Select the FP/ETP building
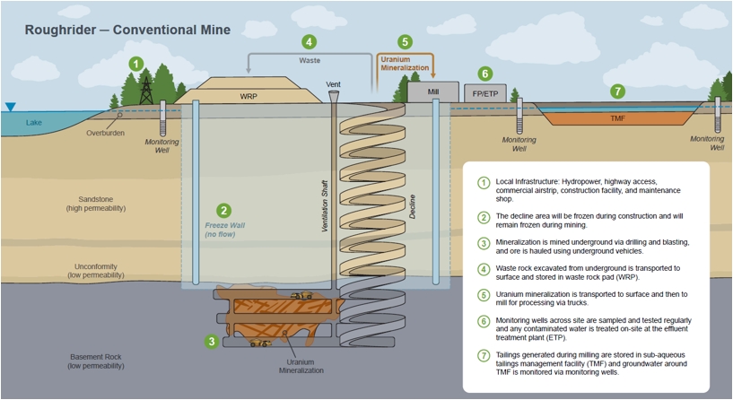(x=484, y=93)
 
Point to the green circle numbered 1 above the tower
(x=135, y=64)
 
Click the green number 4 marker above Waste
(x=309, y=41)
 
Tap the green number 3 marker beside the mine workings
(x=211, y=341)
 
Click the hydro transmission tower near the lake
(x=146, y=89)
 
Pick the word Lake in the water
(x=34, y=123)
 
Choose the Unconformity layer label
(x=95, y=272)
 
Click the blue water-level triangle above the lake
(x=10, y=108)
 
